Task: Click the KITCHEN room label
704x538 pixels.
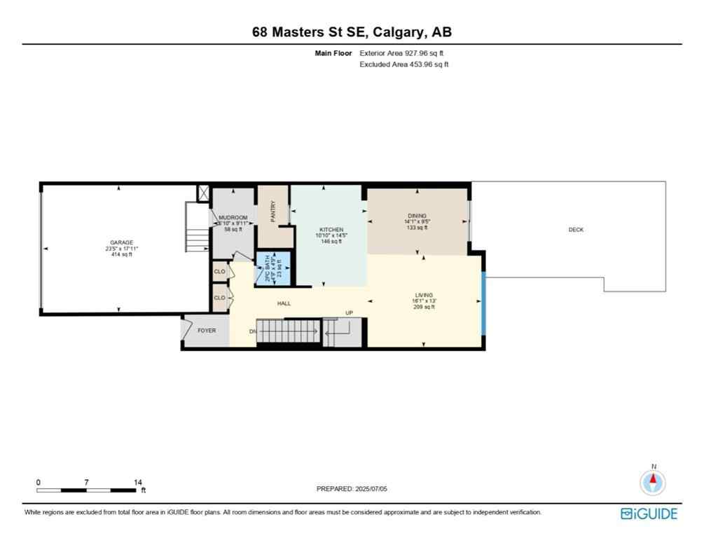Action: pos(331,230)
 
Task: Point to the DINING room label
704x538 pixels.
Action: pos(417,216)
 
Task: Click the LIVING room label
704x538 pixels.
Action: pos(424,295)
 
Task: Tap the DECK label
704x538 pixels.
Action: pos(576,230)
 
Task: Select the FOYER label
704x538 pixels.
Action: pos(207,331)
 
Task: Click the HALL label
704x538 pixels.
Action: pos(284,303)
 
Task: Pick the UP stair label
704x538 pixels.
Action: pos(348,313)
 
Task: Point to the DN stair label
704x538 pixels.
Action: pos(252,331)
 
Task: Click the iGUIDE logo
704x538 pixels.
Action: pos(649,514)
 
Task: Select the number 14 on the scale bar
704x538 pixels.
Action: pos(138,483)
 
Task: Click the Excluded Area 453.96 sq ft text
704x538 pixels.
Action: pos(403,64)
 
